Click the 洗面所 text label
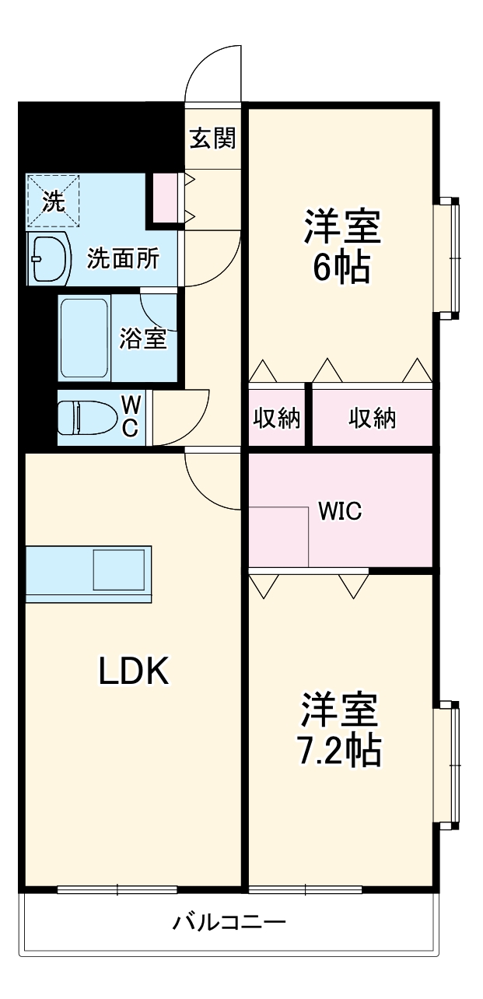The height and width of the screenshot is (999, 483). pyautogui.click(x=123, y=258)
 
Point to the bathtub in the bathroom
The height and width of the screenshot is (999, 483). pyautogui.click(x=84, y=338)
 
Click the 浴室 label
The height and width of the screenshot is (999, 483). pyautogui.click(x=143, y=338)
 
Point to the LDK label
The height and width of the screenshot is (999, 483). pyautogui.click(x=134, y=671)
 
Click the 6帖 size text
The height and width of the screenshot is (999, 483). pyautogui.click(x=341, y=268)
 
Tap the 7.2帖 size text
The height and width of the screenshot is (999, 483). pyautogui.click(x=341, y=748)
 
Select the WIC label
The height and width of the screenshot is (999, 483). pyautogui.click(x=340, y=512)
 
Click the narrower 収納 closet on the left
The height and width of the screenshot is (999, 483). pyautogui.click(x=277, y=418)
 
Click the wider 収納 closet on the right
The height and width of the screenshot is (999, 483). pyautogui.click(x=372, y=418)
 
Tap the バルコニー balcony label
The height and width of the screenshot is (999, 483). pyautogui.click(x=229, y=924)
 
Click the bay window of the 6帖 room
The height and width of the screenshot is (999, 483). pyautogui.click(x=450, y=257)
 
